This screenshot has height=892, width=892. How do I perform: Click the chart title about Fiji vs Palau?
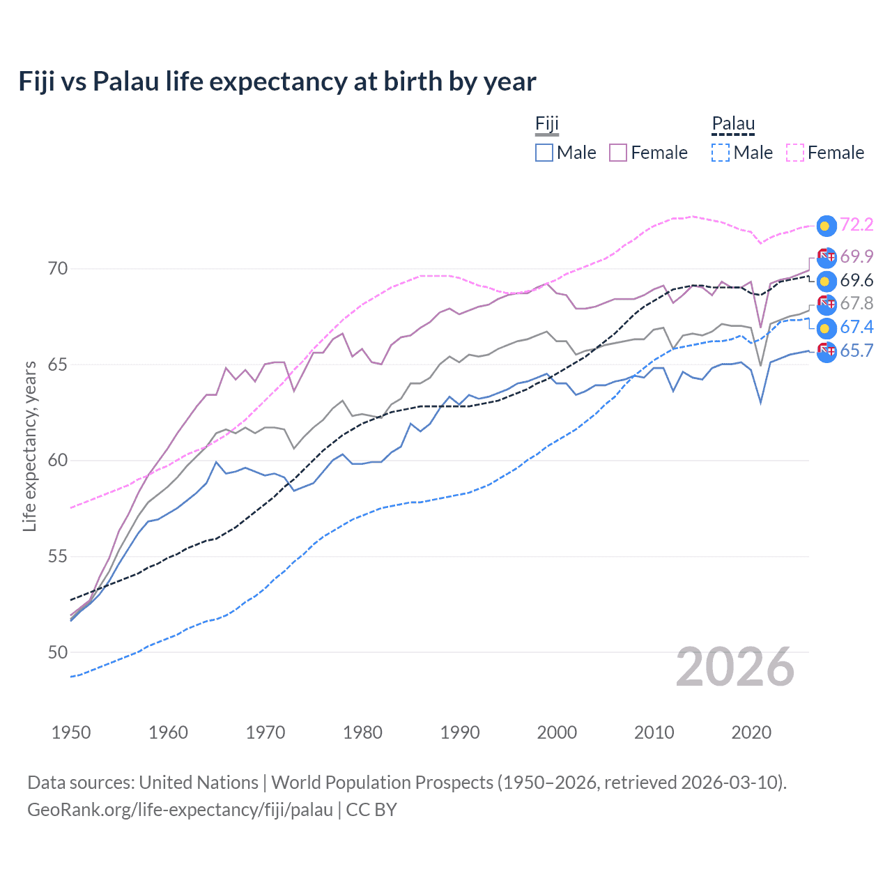(x=277, y=82)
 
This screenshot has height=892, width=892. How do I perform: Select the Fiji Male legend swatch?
(x=544, y=153)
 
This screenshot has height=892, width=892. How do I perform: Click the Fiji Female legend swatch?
(x=618, y=153)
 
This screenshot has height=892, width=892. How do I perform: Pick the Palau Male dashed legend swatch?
(x=721, y=153)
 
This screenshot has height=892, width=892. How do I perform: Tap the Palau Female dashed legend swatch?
(x=795, y=153)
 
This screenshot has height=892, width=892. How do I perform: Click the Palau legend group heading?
(x=733, y=124)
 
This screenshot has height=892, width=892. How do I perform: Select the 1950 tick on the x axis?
(x=71, y=732)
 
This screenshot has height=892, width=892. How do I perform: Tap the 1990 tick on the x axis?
(x=460, y=732)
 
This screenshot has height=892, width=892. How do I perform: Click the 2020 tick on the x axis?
(x=751, y=732)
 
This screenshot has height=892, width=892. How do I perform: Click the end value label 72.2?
(x=856, y=224)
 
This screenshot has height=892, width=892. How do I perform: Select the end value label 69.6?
(x=856, y=280)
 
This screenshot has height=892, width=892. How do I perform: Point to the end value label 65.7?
(x=856, y=351)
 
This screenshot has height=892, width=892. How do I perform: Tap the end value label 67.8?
(x=856, y=303)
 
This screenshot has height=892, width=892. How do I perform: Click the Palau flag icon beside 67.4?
(x=826, y=328)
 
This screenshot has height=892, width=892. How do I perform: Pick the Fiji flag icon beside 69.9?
(x=826, y=257)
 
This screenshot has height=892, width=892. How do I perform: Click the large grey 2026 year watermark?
(x=735, y=668)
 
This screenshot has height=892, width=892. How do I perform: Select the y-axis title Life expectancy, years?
(x=29, y=446)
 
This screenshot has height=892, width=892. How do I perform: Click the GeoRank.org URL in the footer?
(x=180, y=810)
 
